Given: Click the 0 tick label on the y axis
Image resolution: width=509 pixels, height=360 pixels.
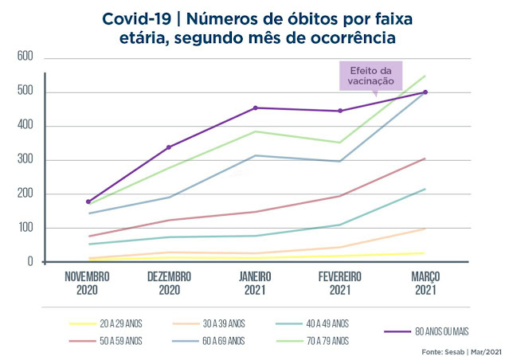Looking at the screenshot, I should [x=29, y=262].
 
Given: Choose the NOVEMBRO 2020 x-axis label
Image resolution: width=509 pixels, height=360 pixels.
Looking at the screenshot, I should [x=88, y=283].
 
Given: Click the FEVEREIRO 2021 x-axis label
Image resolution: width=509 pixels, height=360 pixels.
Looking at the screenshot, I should [x=340, y=283].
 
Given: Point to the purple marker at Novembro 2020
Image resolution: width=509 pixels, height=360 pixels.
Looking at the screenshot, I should [x=88, y=202].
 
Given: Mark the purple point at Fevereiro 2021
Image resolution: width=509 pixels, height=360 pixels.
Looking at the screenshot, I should [x=340, y=111].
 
